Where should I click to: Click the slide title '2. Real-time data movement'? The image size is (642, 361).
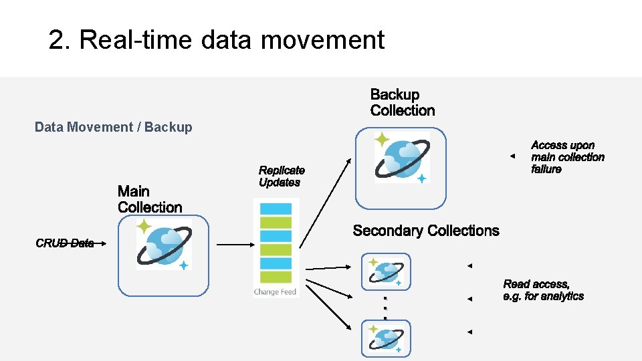(216, 40)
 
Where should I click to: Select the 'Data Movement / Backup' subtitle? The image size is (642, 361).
(113, 127)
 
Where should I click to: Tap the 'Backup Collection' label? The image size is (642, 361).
(402, 103)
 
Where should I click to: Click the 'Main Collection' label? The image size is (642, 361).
(149, 200)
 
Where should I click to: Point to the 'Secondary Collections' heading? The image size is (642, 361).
(425, 231)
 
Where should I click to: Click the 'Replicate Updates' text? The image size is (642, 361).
(282, 176)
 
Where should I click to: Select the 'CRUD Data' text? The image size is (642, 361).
(65, 243)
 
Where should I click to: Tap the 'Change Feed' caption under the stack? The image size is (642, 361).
(275, 292)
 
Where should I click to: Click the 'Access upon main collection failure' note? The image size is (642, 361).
(567, 157)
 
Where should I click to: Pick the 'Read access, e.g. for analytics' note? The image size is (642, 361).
(543, 290)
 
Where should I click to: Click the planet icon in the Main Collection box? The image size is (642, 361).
(164, 245)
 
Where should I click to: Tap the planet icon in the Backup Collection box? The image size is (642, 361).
(401, 158)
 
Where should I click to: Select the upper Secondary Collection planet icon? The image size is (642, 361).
(387, 272)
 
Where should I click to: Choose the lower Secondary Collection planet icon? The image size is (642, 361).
(387, 338)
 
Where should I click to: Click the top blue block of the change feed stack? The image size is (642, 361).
(276, 209)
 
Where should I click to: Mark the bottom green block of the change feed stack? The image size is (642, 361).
(276, 277)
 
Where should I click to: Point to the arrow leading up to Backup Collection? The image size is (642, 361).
(324, 201)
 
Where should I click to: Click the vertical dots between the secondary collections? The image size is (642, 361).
(385, 308)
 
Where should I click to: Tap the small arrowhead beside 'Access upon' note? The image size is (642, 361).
(512, 156)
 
